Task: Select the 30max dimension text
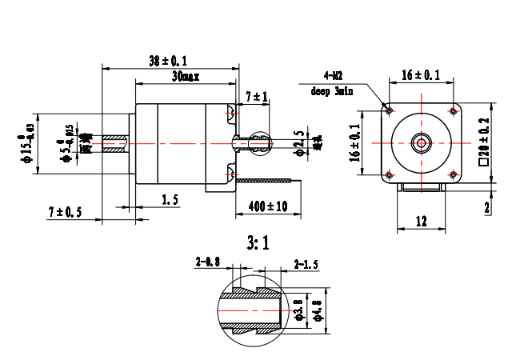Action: coord(186,77)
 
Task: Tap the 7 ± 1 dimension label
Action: coord(257,96)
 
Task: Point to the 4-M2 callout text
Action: coord(334,76)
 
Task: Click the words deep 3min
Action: coord(332,91)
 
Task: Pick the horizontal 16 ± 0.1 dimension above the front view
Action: coord(421,74)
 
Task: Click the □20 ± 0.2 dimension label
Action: coord(485,142)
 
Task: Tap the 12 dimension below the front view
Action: coord(421,221)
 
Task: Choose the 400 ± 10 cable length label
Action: coord(267,206)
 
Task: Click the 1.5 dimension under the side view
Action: coord(170,200)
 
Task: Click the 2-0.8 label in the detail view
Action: coord(208,261)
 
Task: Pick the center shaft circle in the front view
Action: coord(421,142)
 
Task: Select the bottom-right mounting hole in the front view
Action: coord(453,174)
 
